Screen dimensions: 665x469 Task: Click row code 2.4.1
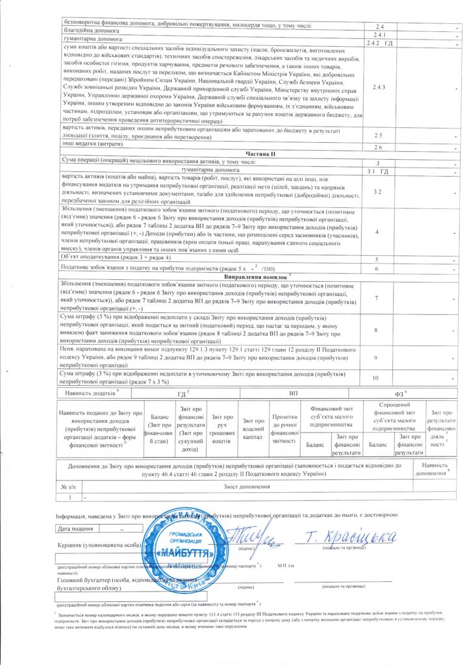tap(380, 34)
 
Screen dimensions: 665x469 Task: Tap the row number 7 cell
tap(377, 297)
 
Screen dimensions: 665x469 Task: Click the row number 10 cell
tap(377, 378)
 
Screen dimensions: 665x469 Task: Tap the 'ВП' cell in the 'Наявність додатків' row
tap(293, 394)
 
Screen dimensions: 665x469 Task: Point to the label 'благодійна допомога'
tap(88, 31)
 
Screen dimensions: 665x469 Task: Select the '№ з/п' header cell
tap(68, 487)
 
